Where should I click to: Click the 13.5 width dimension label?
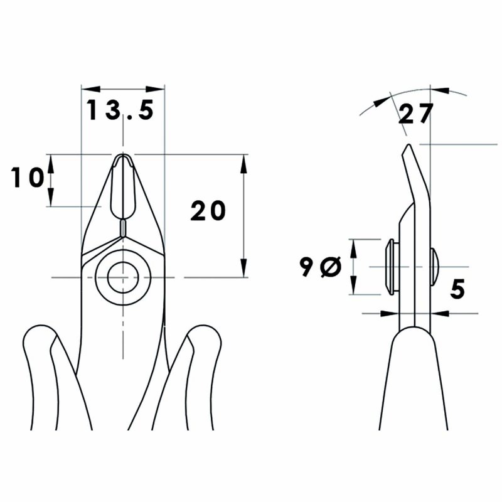(x=120, y=111)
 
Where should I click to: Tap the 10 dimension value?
(x=28, y=178)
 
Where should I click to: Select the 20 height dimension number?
(x=208, y=211)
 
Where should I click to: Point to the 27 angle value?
(x=415, y=114)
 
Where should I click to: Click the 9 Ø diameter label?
(x=319, y=267)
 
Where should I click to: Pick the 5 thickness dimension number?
(x=457, y=289)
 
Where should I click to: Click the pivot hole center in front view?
(x=122, y=276)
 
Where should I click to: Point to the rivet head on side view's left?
(x=388, y=267)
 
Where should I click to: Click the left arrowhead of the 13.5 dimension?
(x=87, y=89)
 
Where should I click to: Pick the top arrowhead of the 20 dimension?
(x=243, y=159)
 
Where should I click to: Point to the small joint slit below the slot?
(x=123, y=227)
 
